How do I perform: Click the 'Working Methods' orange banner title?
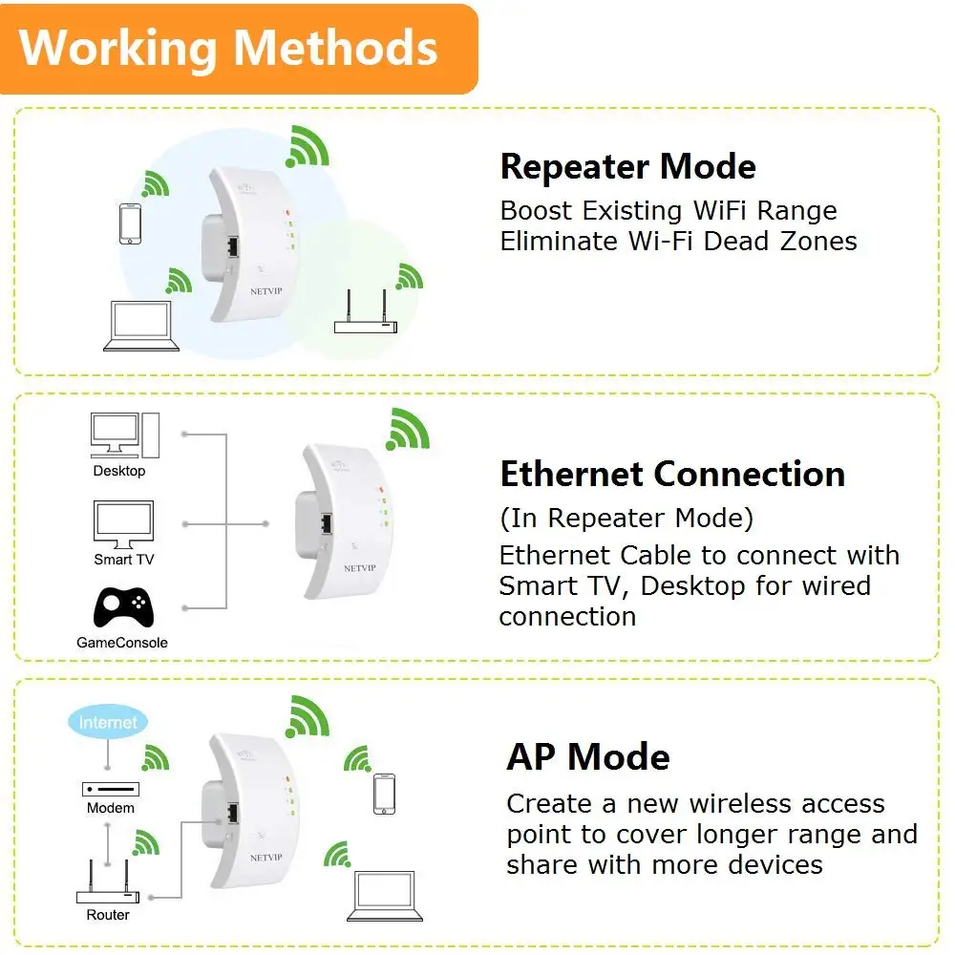pos(228,48)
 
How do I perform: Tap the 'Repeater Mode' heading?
pos(628,166)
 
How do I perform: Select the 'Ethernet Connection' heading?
pos(672,474)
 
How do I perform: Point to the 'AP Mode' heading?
pos(588,757)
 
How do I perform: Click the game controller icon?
pos(123,606)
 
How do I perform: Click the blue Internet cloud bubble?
pos(108,722)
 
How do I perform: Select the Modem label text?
pos(110,808)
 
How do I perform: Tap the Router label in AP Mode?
pos(108,914)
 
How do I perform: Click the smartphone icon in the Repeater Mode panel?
pos(130,223)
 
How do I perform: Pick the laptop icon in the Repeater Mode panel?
pos(141,326)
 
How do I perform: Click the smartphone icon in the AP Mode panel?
pos(384,794)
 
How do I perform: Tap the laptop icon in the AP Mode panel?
pos(385,896)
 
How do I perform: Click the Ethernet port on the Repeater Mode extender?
pos(232,246)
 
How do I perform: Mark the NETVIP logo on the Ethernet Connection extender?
pos(360,568)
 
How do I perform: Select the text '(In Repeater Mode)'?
pos(626,519)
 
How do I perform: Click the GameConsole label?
pos(122,643)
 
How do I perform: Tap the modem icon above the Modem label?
pos(111,790)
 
